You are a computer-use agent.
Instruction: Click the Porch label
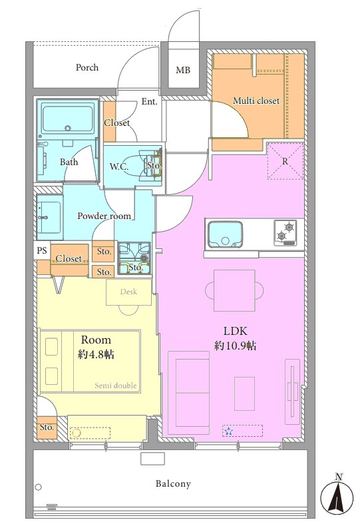point(87,67)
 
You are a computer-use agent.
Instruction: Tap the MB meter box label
point(183,70)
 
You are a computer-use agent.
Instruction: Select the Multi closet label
point(256,101)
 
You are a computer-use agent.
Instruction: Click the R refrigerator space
point(285,161)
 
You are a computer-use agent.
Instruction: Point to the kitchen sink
point(225,234)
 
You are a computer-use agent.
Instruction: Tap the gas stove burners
point(285,232)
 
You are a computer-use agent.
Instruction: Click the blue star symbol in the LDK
point(229,431)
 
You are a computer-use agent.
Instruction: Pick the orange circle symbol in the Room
point(77,433)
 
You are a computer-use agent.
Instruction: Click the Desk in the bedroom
point(129,292)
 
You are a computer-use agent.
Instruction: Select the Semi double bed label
point(116,386)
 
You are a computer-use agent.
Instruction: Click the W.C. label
point(119,166)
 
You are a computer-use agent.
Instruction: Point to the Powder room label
point(104,216)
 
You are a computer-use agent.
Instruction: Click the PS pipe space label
point(42,250)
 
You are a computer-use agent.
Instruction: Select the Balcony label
point(173,484)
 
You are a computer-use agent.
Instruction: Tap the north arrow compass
point(337,495)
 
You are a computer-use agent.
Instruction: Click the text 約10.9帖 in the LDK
point(235,346)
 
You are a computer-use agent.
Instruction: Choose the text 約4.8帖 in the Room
point(96,354)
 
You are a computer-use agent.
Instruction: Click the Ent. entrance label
point(149,101)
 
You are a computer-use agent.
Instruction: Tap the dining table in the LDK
point(234,290)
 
